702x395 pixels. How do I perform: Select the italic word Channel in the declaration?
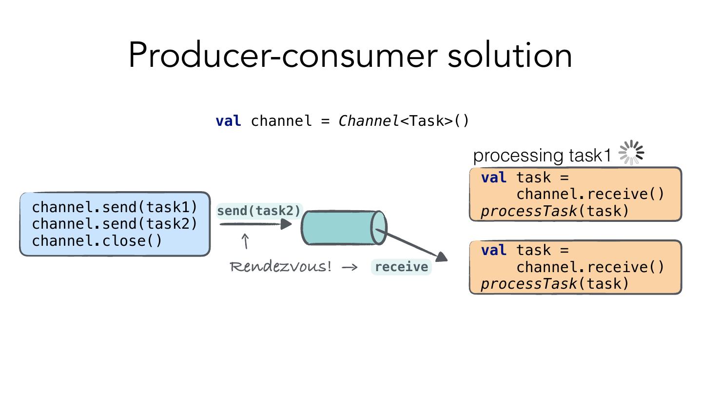pos(369,120)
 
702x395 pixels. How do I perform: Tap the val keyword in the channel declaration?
pos(228,120)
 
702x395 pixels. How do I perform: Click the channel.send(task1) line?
pos(115,207)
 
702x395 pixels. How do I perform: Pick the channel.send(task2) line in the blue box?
pos(115,224)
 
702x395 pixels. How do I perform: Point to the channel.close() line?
pos(97,241)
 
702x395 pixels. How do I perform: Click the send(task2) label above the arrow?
pos(259,211)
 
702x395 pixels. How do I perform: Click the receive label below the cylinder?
pos(401,267)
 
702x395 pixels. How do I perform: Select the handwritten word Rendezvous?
pos(281,267)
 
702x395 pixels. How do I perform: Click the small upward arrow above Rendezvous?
pos(246,241)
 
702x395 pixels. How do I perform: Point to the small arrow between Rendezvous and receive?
pos(350,267)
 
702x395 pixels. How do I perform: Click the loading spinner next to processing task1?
pos(631,153)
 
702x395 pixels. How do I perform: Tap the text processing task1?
pos(542,156)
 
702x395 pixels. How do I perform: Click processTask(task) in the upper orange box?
pos(555,211)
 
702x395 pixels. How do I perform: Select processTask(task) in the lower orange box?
pos(555,284)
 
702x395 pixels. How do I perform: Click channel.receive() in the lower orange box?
pos(590,267)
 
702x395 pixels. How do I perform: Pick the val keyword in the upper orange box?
pos(493,178)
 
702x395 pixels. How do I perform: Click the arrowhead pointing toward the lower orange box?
pos(442,257)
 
